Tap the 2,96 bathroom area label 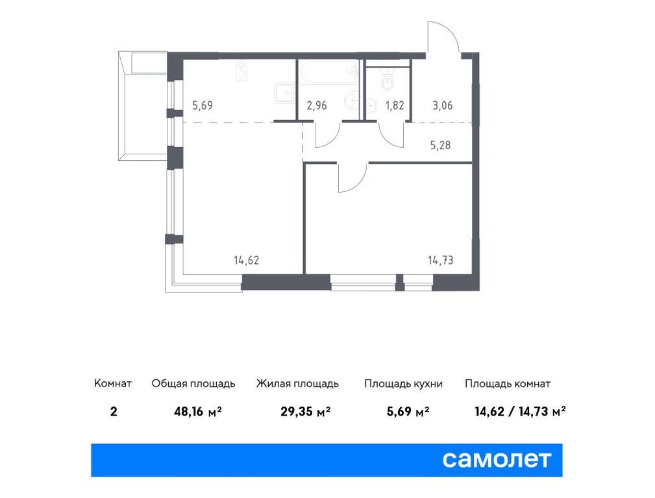(x=316, y=106)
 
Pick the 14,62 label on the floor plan (x=247, y=261)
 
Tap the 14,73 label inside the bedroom (x=440, y=261)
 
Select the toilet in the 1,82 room (x=388, y=81)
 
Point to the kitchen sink (x=283, y=93)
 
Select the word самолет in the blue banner (x=497, y=460)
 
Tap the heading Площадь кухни (x=403, y=383)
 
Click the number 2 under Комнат (x=114, y=410)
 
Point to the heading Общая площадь (x=193, y=383)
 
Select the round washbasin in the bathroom (x=351, y=101)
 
